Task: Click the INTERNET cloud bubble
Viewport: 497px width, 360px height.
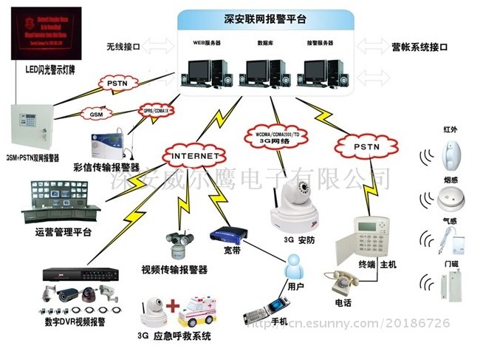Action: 196,156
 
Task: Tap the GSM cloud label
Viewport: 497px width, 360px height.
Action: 96,115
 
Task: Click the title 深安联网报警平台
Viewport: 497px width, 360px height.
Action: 265,16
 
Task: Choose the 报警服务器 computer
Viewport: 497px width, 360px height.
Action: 319,68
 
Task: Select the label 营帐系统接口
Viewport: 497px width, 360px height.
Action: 419,47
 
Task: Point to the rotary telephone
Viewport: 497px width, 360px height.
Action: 342,282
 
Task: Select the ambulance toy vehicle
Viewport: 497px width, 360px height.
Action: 199,310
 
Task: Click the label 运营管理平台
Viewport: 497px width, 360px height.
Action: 63,233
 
